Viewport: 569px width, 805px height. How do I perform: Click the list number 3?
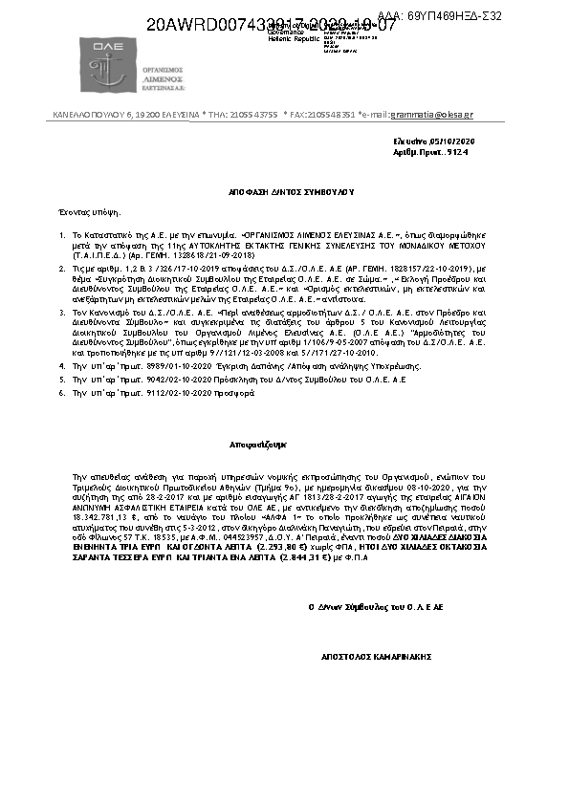click(62, 313)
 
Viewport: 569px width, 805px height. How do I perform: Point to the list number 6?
click(62, 392)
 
